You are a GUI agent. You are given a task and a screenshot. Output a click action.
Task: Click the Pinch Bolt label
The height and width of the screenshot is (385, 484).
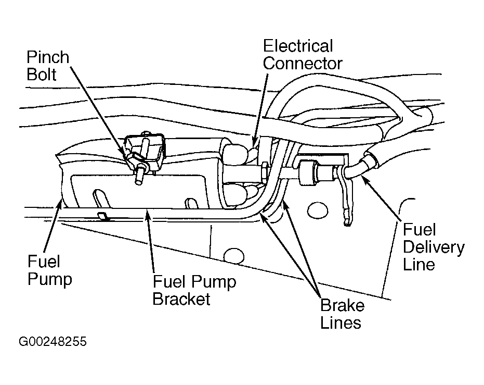(48, 66)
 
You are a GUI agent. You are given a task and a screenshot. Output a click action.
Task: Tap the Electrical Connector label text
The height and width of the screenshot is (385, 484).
(303, 55)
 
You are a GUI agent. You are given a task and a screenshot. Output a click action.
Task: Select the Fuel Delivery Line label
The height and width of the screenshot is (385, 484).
(434, 247)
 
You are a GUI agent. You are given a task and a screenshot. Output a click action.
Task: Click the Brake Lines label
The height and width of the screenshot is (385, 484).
(342, 314)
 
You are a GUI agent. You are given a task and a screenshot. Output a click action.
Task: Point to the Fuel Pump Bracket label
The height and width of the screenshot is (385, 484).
(194, 290)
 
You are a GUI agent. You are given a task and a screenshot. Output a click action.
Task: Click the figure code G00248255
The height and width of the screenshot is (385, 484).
(53, 342)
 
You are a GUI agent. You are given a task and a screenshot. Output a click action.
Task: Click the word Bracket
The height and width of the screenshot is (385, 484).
(181, 299)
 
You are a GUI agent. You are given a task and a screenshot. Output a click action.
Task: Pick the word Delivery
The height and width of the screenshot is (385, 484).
(434, 247)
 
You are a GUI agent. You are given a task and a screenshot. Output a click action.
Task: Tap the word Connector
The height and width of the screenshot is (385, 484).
(303, 64)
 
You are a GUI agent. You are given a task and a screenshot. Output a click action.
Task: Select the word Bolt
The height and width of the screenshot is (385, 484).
(42, 74)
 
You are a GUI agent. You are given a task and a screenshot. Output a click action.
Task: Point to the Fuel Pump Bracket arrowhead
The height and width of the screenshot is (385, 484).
(148, 215)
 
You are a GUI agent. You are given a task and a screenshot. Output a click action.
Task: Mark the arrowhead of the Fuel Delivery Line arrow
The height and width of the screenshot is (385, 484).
(364, 178)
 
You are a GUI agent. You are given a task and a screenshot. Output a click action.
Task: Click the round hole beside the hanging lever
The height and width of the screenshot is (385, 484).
(318, 211)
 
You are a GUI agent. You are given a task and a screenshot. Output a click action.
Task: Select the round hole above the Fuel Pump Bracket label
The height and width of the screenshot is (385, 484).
(233, 256)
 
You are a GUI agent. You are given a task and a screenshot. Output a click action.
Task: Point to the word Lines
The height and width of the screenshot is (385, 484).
(341, 322)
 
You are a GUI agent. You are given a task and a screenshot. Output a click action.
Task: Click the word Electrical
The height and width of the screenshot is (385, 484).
(298, 46)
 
